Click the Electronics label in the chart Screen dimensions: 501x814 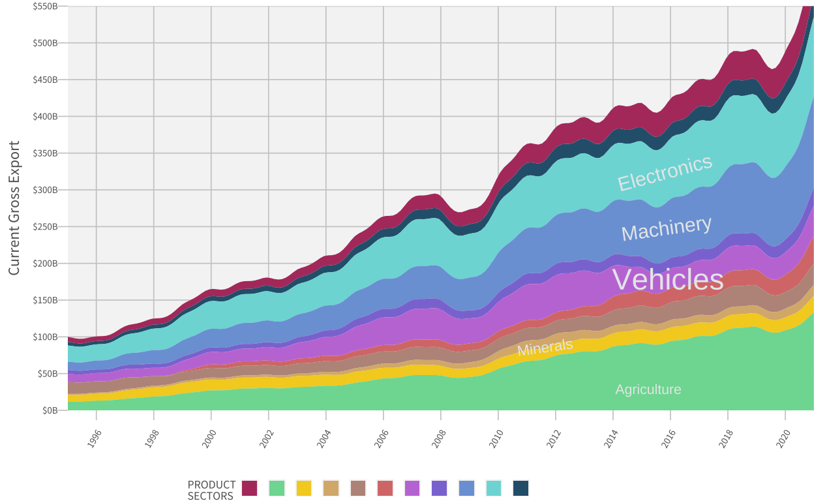click(665, 173)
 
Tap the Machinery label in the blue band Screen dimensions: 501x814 click(666, 228)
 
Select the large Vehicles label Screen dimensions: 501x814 click(668, 280)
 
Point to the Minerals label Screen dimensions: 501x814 click(545, 347)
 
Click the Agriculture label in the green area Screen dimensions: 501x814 click(648, 389)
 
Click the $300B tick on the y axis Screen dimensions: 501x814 click(45, 190)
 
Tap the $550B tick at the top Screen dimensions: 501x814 click(45, 7)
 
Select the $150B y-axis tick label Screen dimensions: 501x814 click(45, 300)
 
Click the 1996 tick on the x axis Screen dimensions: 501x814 click(95, 438)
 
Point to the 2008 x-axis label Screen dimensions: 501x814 click(439, 438)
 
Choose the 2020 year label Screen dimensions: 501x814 click(783, 438)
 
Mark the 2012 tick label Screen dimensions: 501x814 click(554, 438)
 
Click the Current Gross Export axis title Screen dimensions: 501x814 click(14, 208)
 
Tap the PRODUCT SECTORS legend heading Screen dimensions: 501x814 click(211, 490)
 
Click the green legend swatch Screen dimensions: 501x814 click(277, 488)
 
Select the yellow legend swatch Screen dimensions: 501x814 click(304, 488)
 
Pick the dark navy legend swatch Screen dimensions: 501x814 click(520, 488)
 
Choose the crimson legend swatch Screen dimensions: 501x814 click(250, 488)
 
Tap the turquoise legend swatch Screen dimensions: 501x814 click(494, 488)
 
